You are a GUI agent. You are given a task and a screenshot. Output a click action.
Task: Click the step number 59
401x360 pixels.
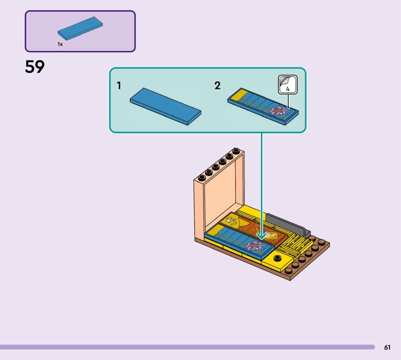point(35,67)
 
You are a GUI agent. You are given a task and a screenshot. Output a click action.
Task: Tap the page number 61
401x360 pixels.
point(387,347)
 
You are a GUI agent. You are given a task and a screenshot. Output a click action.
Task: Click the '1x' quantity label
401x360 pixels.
point(60,44)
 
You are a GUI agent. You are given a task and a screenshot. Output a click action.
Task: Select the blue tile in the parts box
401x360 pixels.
point(81,29)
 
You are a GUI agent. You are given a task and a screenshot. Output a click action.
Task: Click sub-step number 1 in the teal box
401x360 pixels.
point(119,86)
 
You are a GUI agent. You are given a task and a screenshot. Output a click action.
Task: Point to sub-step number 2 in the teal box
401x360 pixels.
point(217,86)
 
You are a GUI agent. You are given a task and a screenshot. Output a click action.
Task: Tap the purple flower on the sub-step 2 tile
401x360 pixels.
point(277,110)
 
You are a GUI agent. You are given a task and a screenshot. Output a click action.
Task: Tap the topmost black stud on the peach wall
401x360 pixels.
point(235,150)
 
